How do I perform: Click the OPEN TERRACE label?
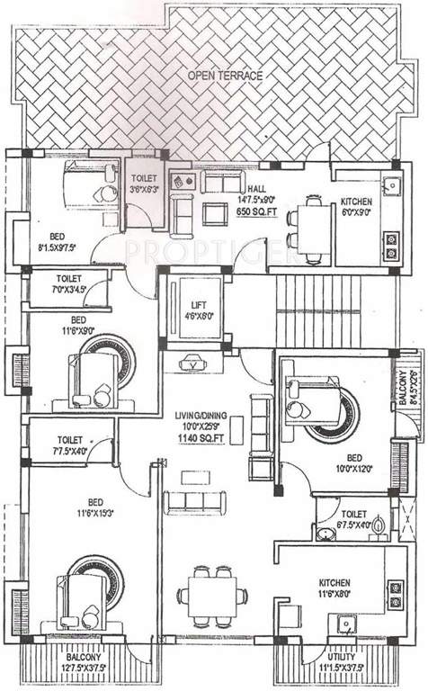225,76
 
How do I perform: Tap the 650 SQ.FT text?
257,211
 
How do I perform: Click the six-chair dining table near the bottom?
212,595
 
